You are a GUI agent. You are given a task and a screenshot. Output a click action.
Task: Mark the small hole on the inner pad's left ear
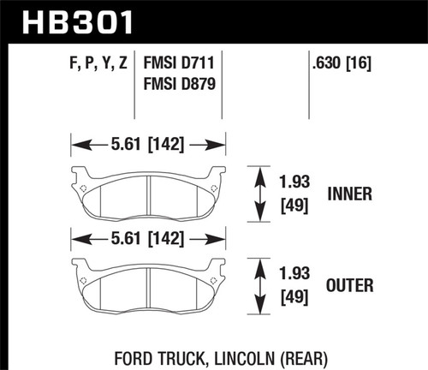click(82, 188)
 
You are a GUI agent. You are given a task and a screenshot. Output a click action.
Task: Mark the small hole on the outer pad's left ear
click(82, 280)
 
